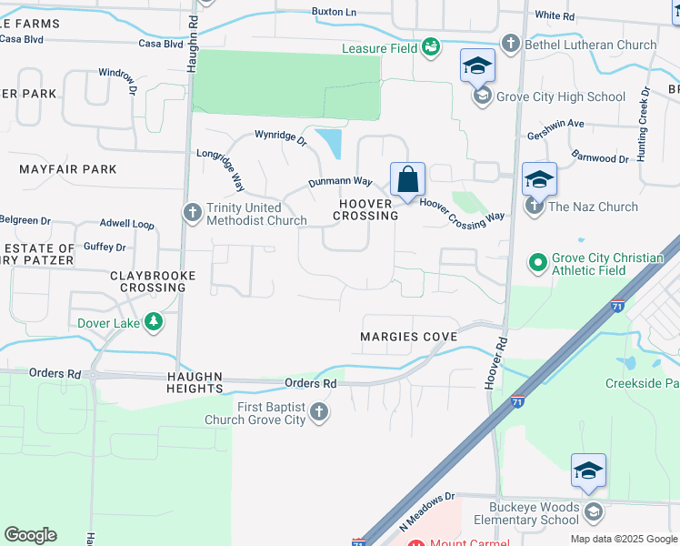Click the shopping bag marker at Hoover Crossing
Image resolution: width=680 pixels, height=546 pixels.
click(408, 178)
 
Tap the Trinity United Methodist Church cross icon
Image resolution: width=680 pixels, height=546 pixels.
click(192, 213)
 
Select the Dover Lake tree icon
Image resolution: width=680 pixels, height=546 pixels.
click(155, 321)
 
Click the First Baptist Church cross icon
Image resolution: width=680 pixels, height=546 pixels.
click(318, 412)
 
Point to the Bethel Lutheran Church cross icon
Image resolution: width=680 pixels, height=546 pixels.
click(511, 44)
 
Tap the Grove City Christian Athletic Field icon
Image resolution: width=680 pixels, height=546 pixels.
click(538, 264)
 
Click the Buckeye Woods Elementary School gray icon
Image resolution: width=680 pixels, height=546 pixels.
click(593, 512)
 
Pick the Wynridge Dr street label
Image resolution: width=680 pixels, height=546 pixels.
click(281, 135)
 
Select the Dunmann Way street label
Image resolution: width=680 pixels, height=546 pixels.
click(341, 182)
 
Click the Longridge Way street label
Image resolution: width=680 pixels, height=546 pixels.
click(221, 169)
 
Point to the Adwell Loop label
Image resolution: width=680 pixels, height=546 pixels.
click(126, 223)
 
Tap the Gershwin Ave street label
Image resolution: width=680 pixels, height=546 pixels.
click(555, 124)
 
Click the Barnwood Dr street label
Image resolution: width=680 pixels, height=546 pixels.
click(602, 158)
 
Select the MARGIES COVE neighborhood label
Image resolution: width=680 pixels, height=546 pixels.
click(408, 337)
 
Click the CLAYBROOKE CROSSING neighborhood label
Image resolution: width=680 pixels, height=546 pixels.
click(147, 281)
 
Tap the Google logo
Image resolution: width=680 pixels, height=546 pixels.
click(30, 535)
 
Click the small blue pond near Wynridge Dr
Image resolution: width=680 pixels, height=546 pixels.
click(329, 143)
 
